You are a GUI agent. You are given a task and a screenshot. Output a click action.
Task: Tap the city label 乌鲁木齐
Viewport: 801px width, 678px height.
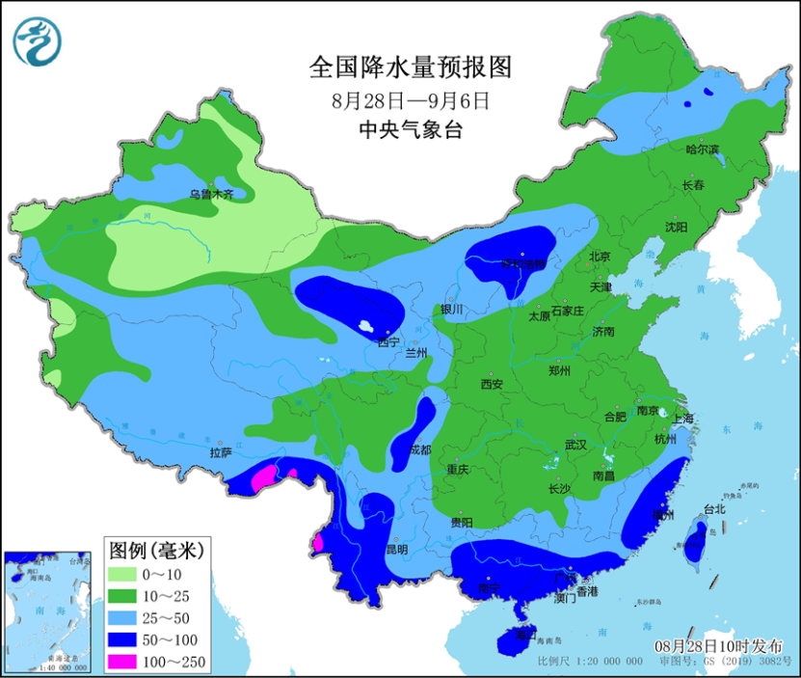pyautogui.click(x=211, y=195)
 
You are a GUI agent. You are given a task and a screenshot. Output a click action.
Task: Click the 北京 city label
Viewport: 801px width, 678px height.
pyautogui.click(x=601, y=257)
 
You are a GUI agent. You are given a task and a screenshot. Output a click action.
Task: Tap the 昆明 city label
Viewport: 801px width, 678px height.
pyautogui.click(x=396, y=549)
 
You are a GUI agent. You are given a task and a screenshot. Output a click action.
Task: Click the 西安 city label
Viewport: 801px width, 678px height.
pyautogui.click(x=492, y=384)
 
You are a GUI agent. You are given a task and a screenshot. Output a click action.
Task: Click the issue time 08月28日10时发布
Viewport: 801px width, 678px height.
pyautogui.click(x=718, y=646)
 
